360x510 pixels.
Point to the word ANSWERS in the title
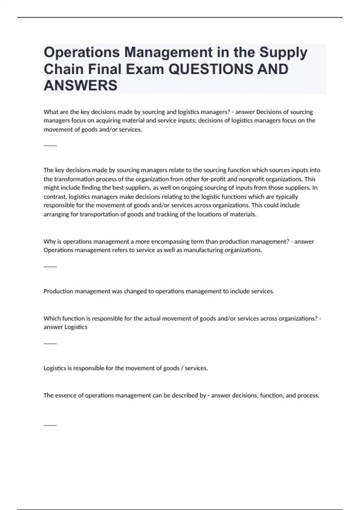(x=80, y=85)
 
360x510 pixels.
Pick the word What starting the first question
(x=50, y=112)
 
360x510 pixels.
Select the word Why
(x=49, y=241)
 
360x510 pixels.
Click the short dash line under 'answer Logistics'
(x=50, y=343)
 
